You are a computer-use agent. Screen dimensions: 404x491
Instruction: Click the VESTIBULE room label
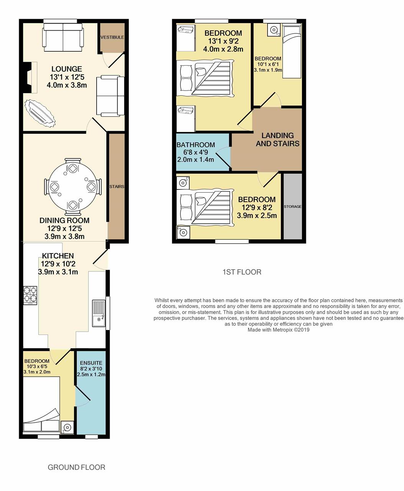tap(112, 37)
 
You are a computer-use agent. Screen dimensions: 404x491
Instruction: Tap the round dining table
tap(73, 187)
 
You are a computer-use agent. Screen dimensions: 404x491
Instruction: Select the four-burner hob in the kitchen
tap(30, 295)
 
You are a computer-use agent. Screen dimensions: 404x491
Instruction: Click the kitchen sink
tap(99, 313)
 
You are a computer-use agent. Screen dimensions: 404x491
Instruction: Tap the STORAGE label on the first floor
tap(292, 206)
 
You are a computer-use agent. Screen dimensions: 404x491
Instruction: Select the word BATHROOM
tap(196, 145)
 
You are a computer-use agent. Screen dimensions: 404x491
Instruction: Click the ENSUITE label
tap(91, 363)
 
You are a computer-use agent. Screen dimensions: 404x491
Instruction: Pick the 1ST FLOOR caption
tap(242, 272)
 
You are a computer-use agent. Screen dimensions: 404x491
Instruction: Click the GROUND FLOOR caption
tap(76, 467)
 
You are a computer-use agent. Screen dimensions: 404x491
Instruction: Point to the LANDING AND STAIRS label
tap(278, 140)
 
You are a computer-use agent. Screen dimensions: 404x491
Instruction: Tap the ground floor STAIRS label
tap(117, 186)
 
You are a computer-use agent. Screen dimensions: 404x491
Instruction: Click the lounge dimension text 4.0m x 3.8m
tap(67, 85)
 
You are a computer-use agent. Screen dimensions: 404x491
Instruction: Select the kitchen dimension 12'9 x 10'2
tap(58, 264)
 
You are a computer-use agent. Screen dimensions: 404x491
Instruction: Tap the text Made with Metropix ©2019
tap(279, 330)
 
